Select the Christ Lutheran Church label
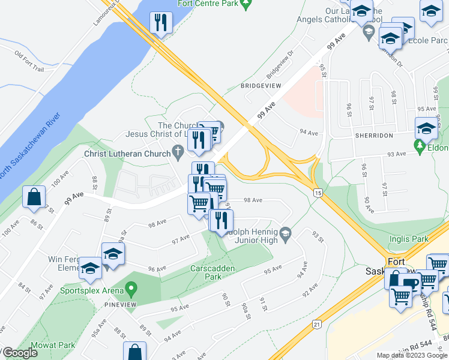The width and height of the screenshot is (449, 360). click(x=127, y=154)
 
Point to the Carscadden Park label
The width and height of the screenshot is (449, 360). click(x=212, y=272)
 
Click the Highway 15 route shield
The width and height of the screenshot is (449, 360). click(x=318, y=192)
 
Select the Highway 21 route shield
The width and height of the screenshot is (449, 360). click(x=317, y=325)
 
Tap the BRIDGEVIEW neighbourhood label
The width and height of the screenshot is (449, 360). click(x=261, y=86)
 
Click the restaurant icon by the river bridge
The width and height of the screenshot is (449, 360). click(x=161, y=23)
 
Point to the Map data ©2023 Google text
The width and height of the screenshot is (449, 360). click(x=412, y=355)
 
